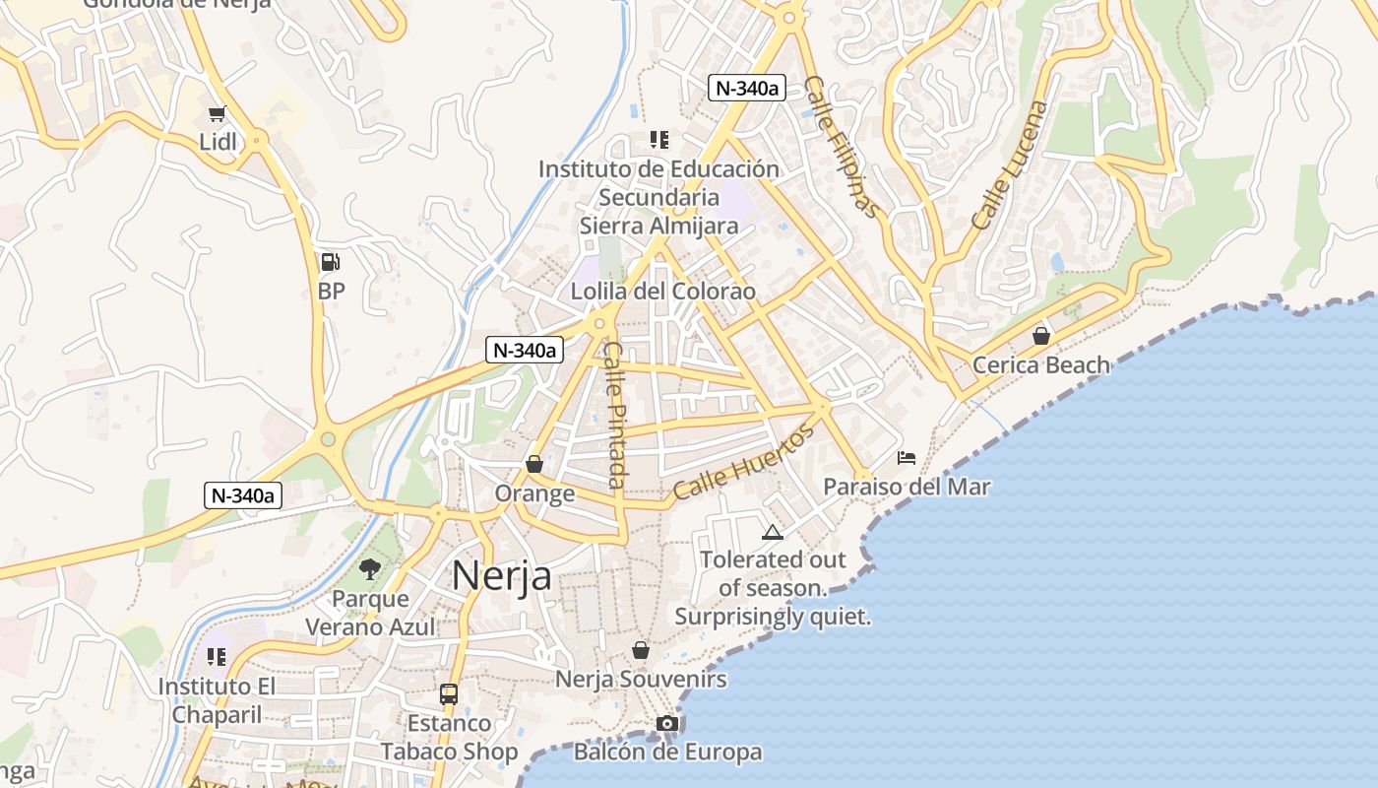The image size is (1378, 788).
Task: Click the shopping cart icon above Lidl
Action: point(217,114)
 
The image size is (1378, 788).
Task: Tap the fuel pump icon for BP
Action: point(331,262)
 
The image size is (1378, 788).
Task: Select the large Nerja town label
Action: point(502,576)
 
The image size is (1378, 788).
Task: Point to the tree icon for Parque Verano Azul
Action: point(370,568)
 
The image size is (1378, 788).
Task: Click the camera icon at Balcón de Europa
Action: point(667,724)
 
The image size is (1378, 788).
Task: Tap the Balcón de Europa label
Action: point(667,753)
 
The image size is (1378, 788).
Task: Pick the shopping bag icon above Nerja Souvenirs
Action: point(641,650)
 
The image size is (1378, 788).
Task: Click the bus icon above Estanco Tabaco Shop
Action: point(449,694)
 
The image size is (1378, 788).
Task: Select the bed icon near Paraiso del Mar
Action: point(907,457)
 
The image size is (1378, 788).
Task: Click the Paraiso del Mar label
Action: point(907,487)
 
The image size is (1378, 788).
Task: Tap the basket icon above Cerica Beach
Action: point(1041,336)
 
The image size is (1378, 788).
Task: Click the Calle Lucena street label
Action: point(1010,165)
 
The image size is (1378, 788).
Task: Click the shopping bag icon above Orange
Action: point(534,464)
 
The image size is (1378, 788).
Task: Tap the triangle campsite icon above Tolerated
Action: point(773,533)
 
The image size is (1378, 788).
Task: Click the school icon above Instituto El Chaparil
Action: point(217,656)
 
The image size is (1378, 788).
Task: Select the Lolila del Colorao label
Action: point(663,292)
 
